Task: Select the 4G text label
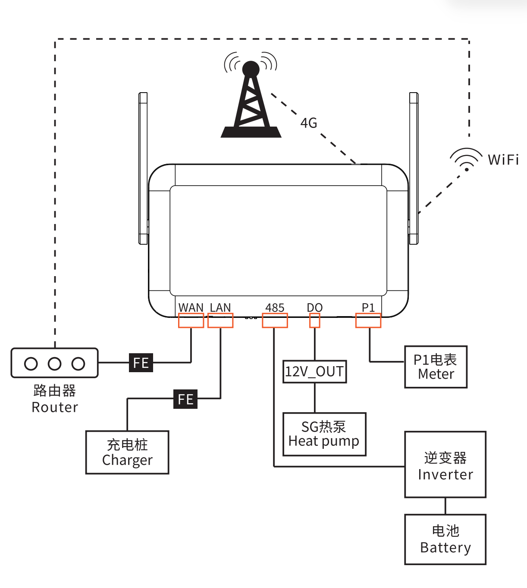pyautogui.click(x=309, y=123)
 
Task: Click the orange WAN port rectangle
pyautogui.click(x=191, y=320)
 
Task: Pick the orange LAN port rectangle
pyautogui.click(x=220, y=320)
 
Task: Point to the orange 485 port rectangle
pyautogui.click(x=275, y=320)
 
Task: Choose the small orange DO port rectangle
pyautogui.click(x=315, y=320)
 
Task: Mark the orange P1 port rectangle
pyautogui.click(x=368, y=320)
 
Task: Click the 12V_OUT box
pyautogui.click(x=315, y=371)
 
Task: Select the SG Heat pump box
pyautogui.click(x=324, y=434)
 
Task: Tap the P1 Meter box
pyautogui.click(x=436, y=367)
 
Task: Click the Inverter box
pyautogui.click(x=445, y=465)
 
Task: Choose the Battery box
pyautogui.click(x=445, y=539)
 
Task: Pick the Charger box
pyautogui.click(x=127, y=452)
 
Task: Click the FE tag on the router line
pyautogui.click(x=141, y=363)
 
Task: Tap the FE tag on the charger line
pyautogui.click(x=185, y=399)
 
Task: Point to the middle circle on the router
pyautogui.click(x=55, y=364)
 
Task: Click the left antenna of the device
pyautogui.click(x=143, y=168)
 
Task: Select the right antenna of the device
pyautogui.click(x=414, y=168)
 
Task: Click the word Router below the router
pyautogui.click(x=55, y=408)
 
